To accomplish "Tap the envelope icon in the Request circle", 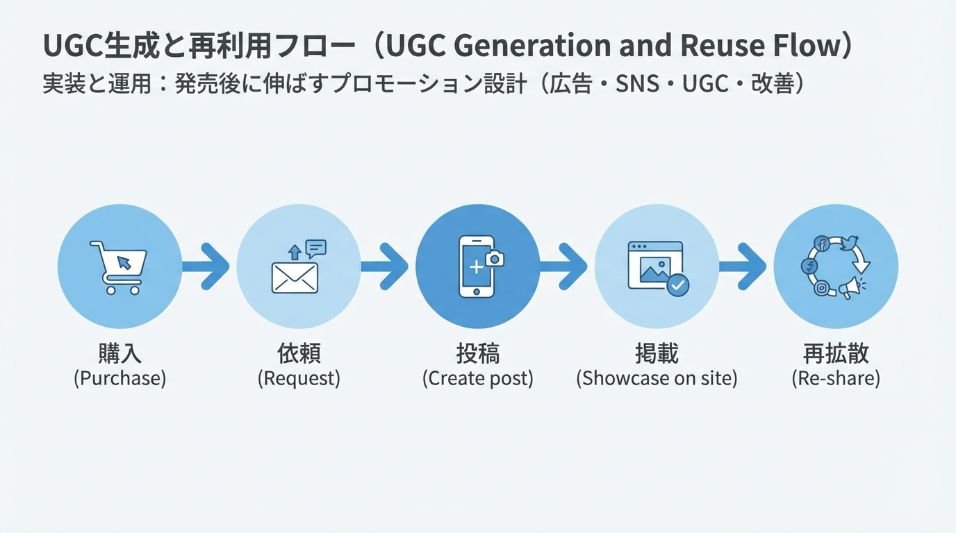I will click(x=295, y=278).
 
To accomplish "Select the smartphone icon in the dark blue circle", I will click(x=477, y=267).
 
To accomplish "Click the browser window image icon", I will click(x=654, y=265).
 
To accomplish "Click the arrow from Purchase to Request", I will click(x=208, y=266).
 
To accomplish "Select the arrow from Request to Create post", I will click(x=388, y=266).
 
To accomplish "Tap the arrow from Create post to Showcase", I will click(x=567, y=266).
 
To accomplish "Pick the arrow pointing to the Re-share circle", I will click(x=745, y=266).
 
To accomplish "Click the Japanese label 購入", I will click(x=119, y=354).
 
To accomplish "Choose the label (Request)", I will click(x=299, y=379).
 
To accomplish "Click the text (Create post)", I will click(x=478, y=379).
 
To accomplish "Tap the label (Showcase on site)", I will click(x=657, y=379).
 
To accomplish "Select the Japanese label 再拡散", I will click(x=836, y=354).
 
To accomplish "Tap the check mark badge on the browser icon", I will click(x=677, y=285).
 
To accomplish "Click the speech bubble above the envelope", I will click(x=316, y=248).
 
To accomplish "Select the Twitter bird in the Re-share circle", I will click(x=847, y=244).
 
